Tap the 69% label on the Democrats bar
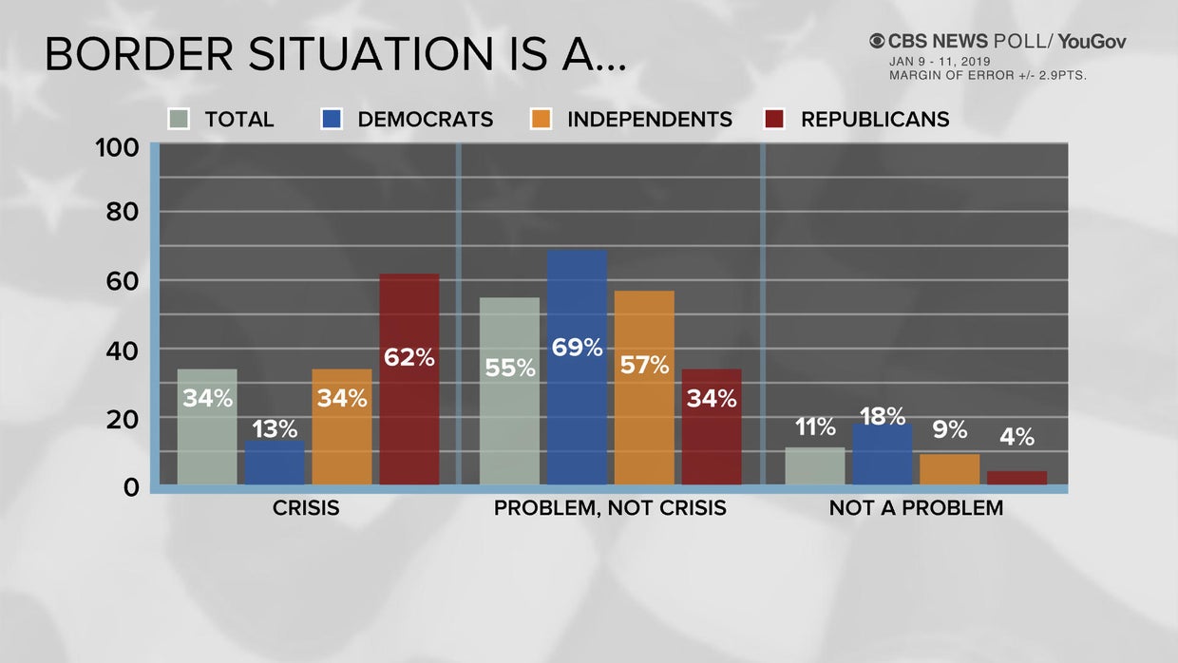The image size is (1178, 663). tap(577, 348)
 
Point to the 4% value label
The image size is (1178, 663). tap(1016, 437)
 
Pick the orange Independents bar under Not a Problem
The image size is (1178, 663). tap(949, 469)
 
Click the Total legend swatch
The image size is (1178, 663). tap(179, 120)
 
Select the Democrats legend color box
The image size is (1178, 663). tap(331, 120)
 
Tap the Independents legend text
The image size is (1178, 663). tap(649, 120)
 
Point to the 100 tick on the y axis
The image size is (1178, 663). tap(118, 148)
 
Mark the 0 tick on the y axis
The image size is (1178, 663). tap(131, 487)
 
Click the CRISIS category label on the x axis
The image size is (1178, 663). tap(306, 508)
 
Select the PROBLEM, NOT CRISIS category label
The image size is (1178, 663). tap(610, 508)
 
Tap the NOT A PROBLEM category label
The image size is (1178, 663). tap(916, 508)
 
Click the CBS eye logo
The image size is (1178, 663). tap(877, 41)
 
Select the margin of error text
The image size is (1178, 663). tap(987, 75)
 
